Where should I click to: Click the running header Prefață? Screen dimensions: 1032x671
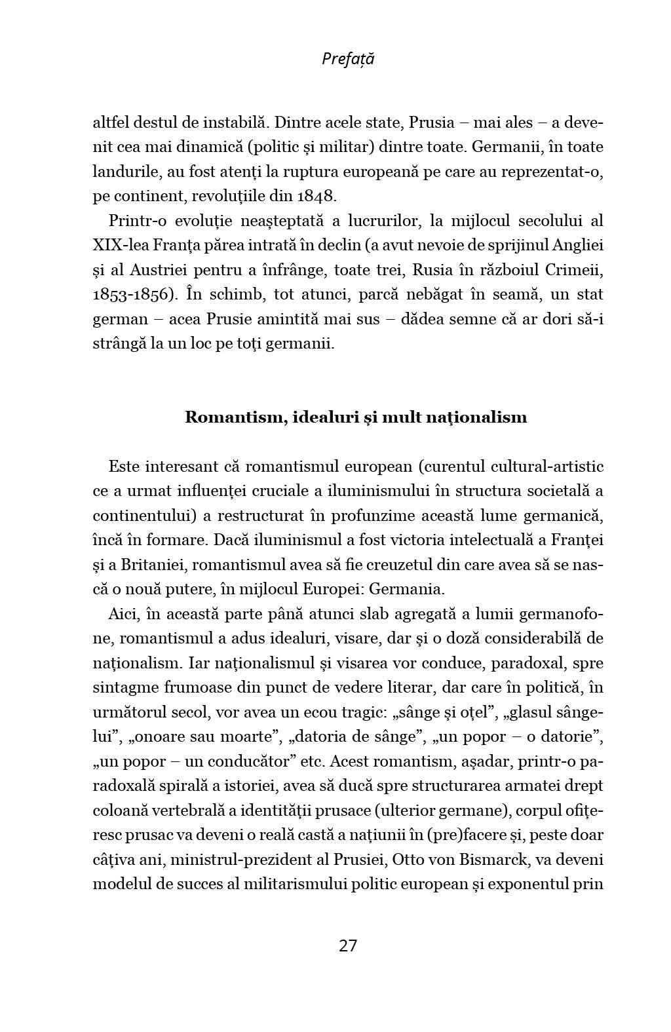point(348,59)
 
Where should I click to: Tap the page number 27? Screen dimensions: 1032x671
point(348,946)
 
